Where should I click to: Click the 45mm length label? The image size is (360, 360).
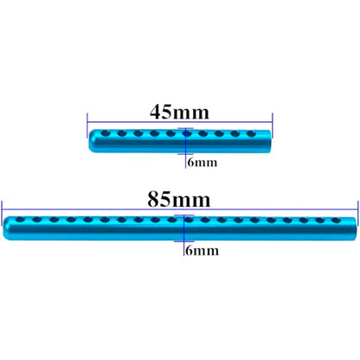179,112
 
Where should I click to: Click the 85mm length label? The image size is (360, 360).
179,199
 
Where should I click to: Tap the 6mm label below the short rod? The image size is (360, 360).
202,163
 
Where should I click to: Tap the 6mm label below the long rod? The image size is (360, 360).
202,250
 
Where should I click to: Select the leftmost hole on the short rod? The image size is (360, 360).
106,133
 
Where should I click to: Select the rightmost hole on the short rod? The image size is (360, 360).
251,133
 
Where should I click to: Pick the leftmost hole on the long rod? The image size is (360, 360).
21,220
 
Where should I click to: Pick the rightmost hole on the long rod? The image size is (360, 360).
336,221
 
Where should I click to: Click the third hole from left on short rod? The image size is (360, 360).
138,133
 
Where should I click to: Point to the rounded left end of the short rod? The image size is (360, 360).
90,141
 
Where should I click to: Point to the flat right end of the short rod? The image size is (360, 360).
270,142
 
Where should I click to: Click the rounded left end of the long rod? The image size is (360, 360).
4,228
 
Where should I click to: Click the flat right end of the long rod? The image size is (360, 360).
356,229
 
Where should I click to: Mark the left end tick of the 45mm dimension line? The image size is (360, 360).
87,125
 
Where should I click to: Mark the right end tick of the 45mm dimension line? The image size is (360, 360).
273,125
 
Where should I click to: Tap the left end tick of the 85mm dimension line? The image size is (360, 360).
2,213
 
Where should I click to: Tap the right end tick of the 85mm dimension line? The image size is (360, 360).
358,213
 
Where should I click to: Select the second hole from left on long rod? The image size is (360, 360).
37,220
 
